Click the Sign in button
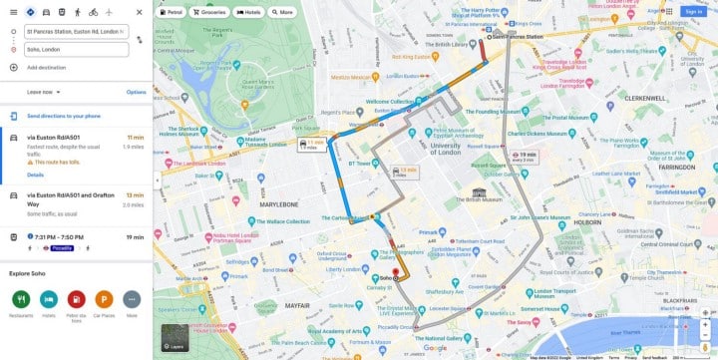tap(692, 12)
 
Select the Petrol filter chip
tap(173, 12)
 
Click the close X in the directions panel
tap(139, 12)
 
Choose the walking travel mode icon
tap(77, 12)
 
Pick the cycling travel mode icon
tap(93, 12)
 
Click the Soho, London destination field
tap(76, 49)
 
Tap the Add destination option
tap(47, 67)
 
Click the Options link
tap(136, 92)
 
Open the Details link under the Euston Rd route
tap(36, 175)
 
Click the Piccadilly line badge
tap(64, 246)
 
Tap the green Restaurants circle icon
tap(21, 298)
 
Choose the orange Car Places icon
tap(104, 298)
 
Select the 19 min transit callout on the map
tap(526, 155)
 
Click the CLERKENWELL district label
tap(647, 99)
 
